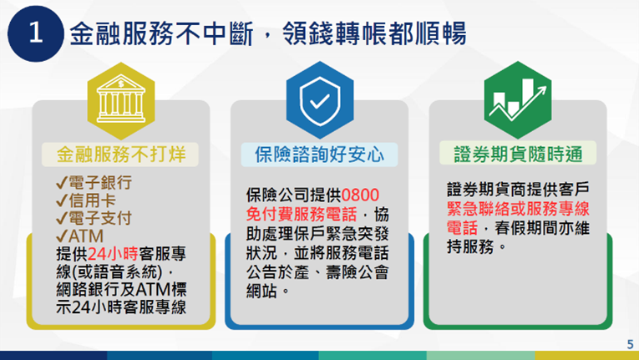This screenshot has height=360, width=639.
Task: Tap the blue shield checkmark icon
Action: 319,97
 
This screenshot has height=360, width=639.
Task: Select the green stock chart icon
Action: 518,97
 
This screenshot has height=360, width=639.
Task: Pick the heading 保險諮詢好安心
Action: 319,154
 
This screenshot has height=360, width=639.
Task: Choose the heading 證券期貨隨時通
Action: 518,154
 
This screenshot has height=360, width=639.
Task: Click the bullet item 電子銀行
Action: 99,182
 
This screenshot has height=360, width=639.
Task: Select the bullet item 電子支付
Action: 99,219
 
